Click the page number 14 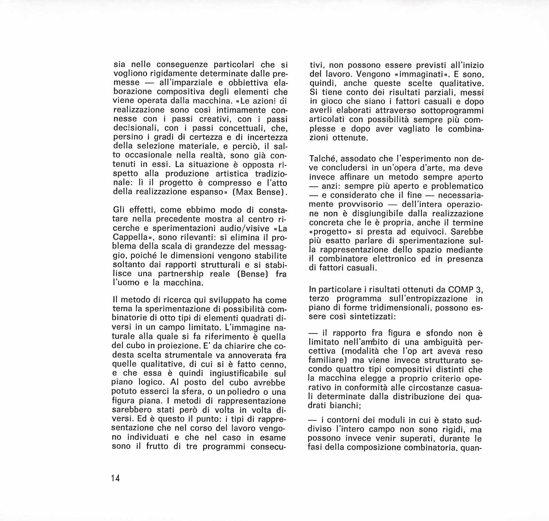116,478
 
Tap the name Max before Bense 248,192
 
